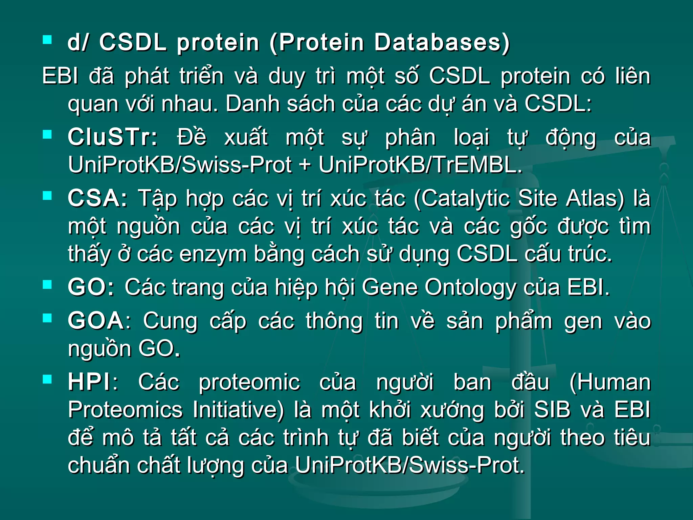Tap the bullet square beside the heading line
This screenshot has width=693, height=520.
[47, 40]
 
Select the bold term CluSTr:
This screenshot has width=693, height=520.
[113, 138]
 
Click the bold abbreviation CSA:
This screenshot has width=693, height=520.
[97, 198]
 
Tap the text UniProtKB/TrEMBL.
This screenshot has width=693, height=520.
[421, 165]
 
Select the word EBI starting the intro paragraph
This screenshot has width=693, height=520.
[60, 76]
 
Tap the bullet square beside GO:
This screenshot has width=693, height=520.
[47, 285]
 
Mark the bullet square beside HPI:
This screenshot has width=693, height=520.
[47, 379]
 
